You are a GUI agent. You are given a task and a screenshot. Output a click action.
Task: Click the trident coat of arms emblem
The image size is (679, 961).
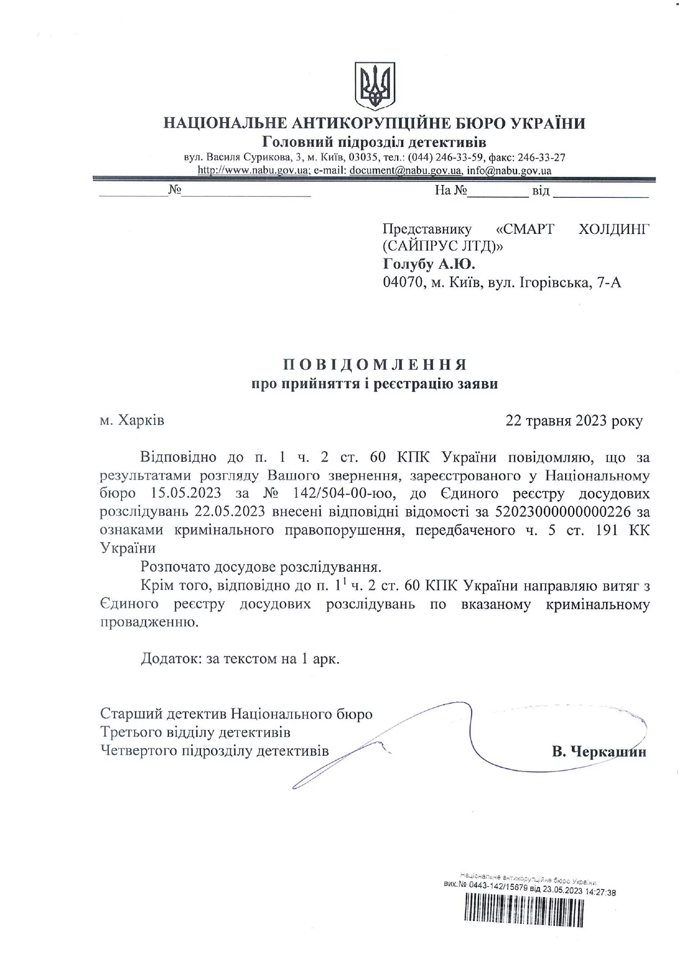375,85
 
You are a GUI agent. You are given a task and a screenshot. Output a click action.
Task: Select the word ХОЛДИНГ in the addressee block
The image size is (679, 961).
614,229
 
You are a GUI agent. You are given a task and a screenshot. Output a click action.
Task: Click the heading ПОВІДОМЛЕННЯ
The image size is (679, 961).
375,365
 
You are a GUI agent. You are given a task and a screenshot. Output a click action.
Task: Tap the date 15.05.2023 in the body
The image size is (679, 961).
187,494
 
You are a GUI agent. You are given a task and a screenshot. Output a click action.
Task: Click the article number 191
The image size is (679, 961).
608,530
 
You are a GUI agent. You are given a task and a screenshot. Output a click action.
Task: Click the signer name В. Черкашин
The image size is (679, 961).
599,751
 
